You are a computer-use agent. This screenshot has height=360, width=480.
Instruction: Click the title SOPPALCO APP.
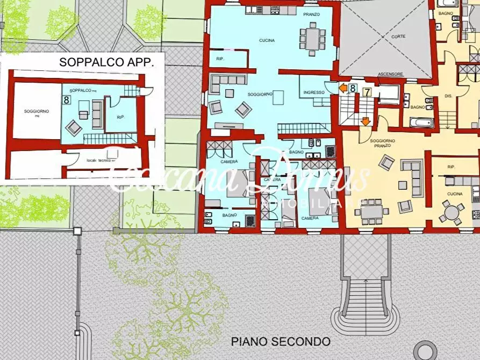(x=106, y=62)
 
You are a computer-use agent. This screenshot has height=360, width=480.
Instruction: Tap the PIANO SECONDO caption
(x=280, y=341)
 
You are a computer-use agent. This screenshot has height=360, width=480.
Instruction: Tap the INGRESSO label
(x=314, y=92)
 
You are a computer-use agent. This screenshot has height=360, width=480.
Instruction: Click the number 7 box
(x=367, y=92)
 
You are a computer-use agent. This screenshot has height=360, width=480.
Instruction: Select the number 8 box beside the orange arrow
(x=353, y=88)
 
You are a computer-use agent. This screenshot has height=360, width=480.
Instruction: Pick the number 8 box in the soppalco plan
(x=67, y=99)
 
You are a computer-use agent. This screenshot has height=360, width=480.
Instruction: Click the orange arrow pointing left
(x=343, y=87)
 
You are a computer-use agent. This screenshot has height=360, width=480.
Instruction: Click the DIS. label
(x=449, y=96)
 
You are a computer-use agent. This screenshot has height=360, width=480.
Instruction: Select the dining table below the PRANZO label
(x=312, y=39)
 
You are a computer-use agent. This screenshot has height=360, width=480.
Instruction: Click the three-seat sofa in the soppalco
(x=97, y=114)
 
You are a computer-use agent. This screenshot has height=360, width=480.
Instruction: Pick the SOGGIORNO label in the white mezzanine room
(x=37, y=112)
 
